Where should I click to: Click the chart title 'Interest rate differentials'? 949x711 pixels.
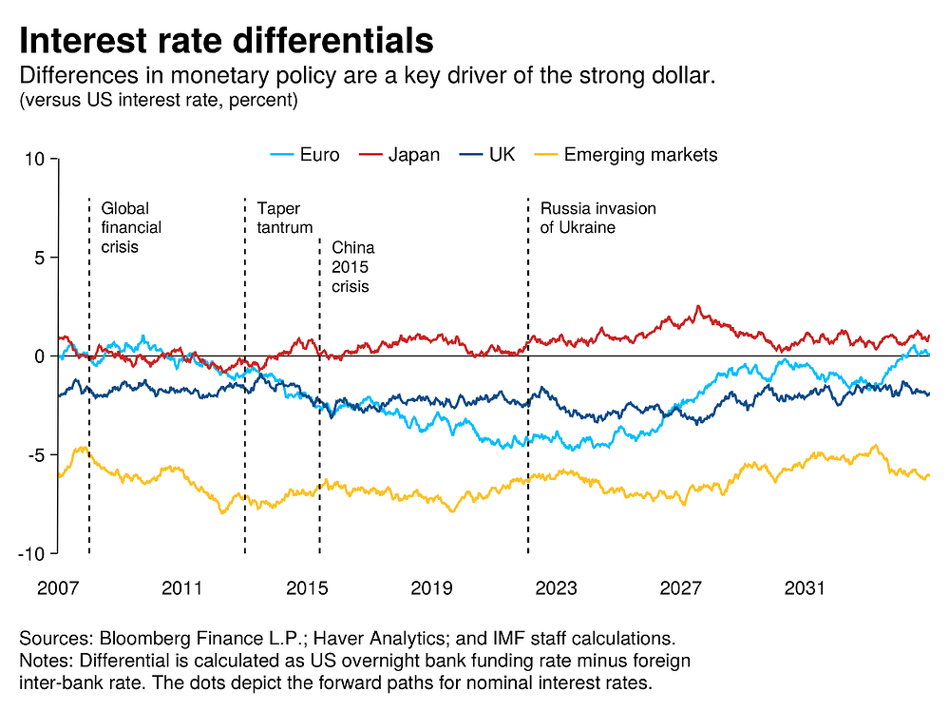click(226, 41)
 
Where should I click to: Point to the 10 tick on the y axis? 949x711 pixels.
click(36, 159)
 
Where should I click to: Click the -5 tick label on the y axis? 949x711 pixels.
click(36, 454)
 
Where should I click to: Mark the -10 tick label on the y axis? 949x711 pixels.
click(32, 553)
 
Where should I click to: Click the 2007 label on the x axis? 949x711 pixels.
click(57, 587)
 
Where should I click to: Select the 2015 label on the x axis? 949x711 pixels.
click(306, 587)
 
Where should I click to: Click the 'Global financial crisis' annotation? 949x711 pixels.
click(131, 227)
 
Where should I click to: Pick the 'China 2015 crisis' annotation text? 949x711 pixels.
click(352, 267)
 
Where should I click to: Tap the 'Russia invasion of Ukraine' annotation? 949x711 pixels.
click(598, 218)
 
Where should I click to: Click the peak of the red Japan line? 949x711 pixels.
click(699, 307)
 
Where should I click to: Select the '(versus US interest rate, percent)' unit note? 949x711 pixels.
click(159, 99)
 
